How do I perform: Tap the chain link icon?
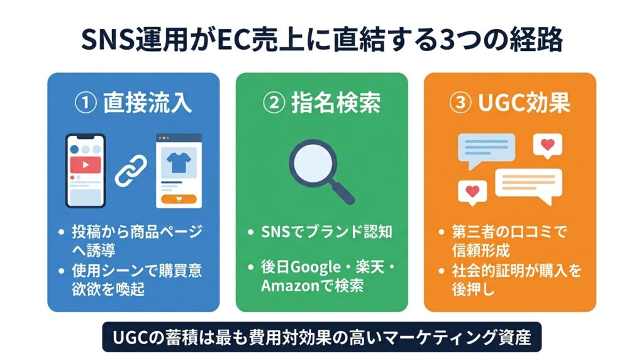131,171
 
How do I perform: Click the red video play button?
86,165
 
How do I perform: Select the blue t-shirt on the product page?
179,162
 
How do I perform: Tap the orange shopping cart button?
179,200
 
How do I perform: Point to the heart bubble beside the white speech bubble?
472,193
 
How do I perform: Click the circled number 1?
86,103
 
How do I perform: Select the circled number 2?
274,103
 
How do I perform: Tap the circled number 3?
461,103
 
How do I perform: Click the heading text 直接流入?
147,103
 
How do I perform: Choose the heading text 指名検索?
336,103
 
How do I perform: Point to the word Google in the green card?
316,268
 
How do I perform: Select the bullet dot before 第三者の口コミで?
441,233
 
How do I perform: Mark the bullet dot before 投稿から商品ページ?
62,233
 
